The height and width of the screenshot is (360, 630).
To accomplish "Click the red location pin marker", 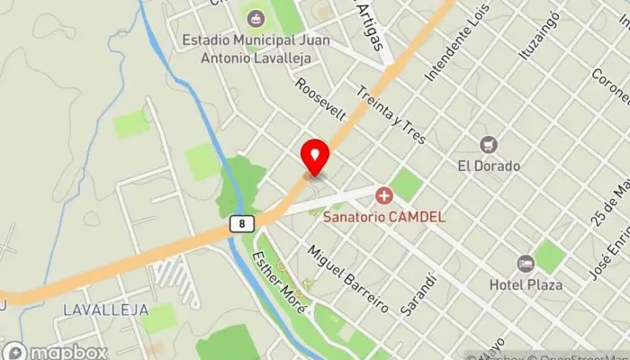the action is coord(315,158).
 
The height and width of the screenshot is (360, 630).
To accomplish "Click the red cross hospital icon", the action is coord(384,194).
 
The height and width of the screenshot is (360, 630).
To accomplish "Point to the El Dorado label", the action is coord(489,166).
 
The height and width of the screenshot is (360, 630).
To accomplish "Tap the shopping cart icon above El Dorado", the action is coord(489,144).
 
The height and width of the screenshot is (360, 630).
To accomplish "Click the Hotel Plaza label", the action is coord(526,284).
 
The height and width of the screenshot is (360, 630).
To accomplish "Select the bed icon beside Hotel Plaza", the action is coord(526,264).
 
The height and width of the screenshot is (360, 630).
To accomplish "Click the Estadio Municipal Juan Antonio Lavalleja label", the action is coord(256,48).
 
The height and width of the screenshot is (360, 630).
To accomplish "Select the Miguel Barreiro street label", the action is coord(348,279).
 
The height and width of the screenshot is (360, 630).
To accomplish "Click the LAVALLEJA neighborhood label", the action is coord(94,310).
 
